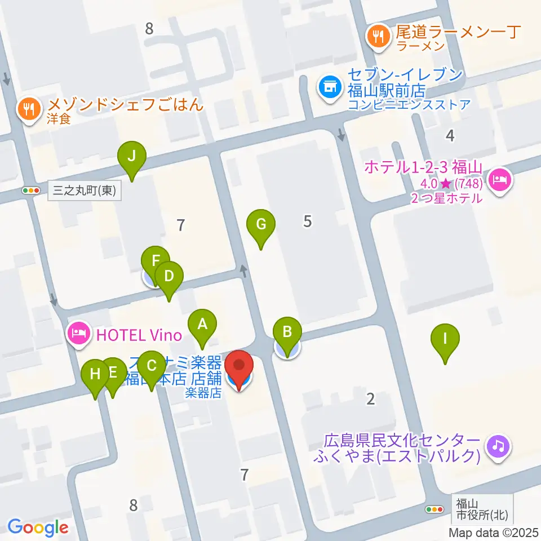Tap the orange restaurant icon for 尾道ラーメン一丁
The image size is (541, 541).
pos(376,38)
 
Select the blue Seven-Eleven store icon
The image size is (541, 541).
pos(329,87)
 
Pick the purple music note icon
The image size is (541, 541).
pos(499,447)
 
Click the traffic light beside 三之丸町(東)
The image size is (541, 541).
pos(32,190)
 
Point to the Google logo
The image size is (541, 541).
pos(38,528)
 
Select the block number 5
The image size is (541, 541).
pos(307,221)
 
